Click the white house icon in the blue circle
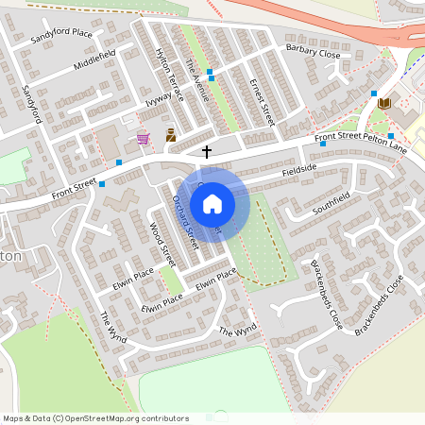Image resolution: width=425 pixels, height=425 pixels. tap(212, 204)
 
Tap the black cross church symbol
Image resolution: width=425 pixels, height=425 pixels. tap(207, 151)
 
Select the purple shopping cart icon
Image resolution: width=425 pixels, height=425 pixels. tap(143, 138)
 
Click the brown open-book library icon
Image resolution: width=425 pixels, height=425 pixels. tap(383, 103)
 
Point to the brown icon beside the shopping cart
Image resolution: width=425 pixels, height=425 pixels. tap(171, 135)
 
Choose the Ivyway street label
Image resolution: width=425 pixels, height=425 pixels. tap(159, 97)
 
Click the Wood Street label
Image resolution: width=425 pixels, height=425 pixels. tap(162, 245)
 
